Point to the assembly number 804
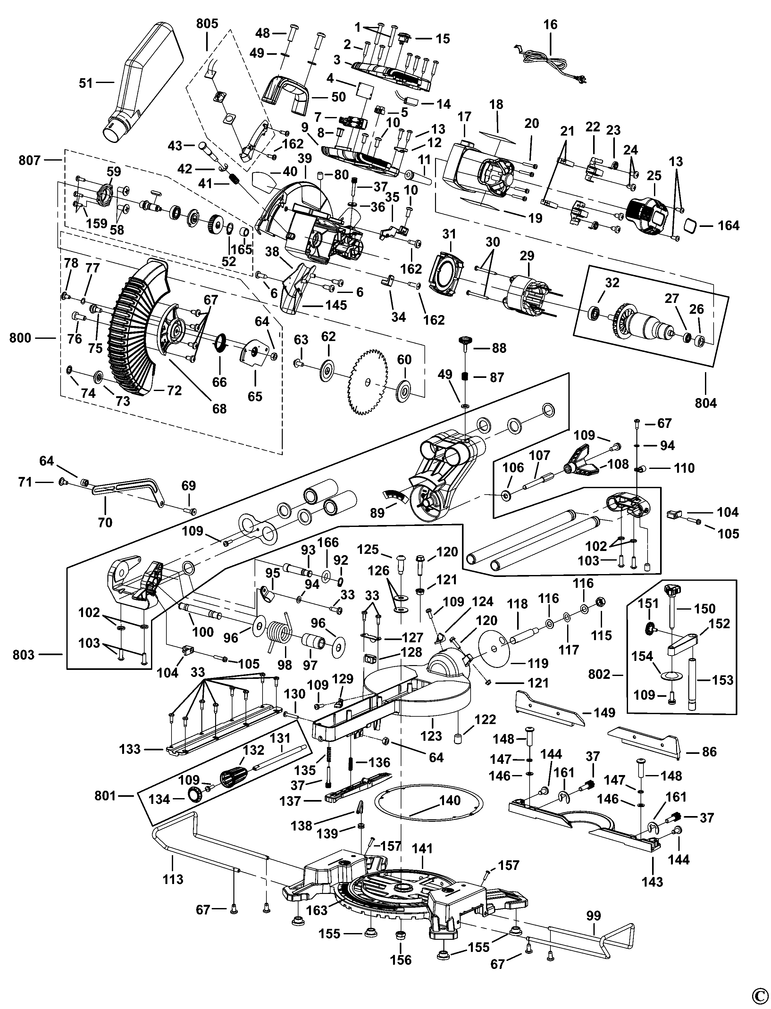(x=705, y=403)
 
